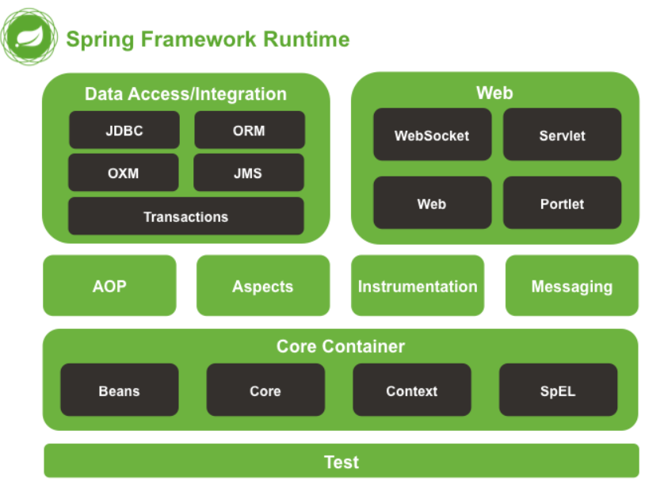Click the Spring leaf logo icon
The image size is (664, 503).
[30, 37]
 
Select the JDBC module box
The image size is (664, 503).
[124, 131]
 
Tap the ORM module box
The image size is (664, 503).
[249, 131]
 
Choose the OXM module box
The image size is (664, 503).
[124, 173]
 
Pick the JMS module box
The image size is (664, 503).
[248, 173]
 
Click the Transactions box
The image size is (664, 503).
[185, 216]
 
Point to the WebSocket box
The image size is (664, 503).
[432, 135]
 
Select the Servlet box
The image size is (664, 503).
[562, 135]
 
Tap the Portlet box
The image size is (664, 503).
[562, 204]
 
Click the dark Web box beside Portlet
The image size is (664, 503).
[432, 204]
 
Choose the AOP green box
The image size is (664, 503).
[109, 286]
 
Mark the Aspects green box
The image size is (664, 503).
[262, 286]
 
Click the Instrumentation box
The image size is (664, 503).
[418, 286]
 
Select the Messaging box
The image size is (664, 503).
[571, 286]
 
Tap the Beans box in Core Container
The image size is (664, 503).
[119, 391]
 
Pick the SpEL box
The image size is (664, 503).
[558, 391]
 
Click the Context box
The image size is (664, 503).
[411, 391]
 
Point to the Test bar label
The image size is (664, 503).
[342, 462]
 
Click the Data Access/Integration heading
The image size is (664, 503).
[185, 93]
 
